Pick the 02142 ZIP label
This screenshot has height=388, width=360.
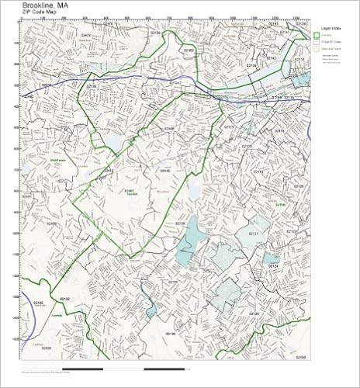pyautogui.click(x=271, y=57)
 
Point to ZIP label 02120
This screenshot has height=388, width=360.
pyautogui.click(x=247, y=146)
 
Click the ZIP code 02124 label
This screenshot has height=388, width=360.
pyautogui.click(x=272, y=266)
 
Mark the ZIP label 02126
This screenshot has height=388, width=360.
pyautogui.click(x=254, y=314)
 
